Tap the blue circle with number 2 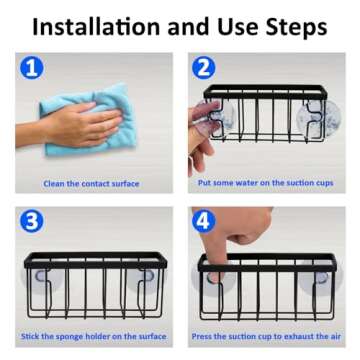tap(204, 68)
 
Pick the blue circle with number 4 tap(205, 222)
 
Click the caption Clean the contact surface tap(91, 184)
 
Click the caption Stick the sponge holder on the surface tap(94, 336)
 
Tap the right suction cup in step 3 tap(145, 275)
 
